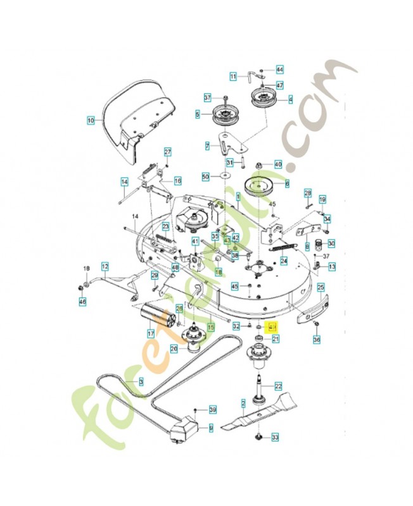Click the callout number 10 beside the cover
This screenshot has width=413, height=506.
click(x=90, y=119)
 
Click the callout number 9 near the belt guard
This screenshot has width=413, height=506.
click(x=211, y=428)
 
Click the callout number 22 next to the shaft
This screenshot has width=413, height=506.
click(x=277, y=385)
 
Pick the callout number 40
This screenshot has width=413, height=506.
click(x=277, y=164)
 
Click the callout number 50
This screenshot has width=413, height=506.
click(x=205, y=176)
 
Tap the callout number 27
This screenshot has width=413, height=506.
click(x=168, y=152)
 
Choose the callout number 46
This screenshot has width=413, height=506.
click(x=82, y=304)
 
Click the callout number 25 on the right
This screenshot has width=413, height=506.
click(x=321, y=287)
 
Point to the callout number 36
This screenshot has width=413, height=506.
click(x=317, y=340)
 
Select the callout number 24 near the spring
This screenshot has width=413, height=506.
click(x=284, y=261)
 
